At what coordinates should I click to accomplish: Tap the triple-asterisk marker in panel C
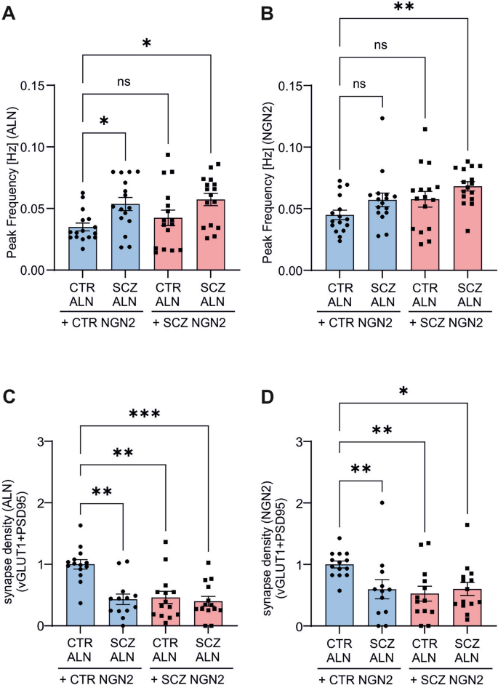pos(146,415)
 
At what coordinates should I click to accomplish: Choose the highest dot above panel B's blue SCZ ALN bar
pos(380,118)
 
